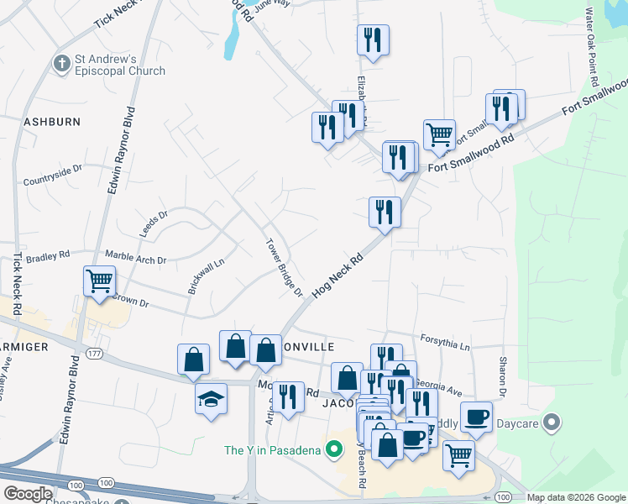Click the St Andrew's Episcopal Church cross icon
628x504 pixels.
(x=61, y=64)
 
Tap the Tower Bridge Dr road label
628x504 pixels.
(x=285, y=267)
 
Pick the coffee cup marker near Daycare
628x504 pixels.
(x=476, y=416)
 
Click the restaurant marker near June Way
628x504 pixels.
(x=372, y=39)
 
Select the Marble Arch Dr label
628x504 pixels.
(x=135, y=255)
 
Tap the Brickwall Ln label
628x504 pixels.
(x=207, y=274)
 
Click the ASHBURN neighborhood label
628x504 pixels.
(x=51, y=122)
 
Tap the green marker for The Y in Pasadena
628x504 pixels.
(x=335, y=449)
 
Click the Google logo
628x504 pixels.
(x=28, y=494)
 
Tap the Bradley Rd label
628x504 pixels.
(x=46, y=256)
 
